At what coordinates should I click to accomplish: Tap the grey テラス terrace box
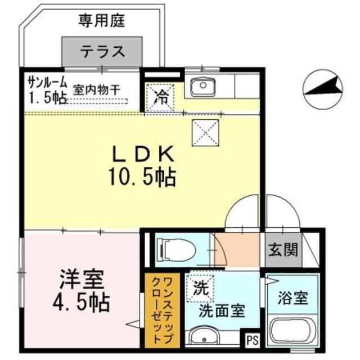[x=101, y=52]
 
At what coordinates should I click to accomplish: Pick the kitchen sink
[x=200, y=87]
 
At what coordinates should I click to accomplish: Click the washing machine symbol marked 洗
[x=201, y=289]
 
